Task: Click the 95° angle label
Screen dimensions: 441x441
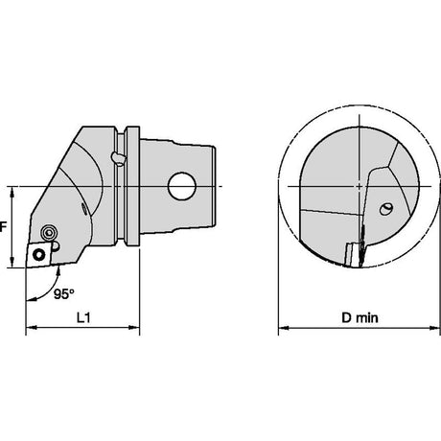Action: tap(64, 294)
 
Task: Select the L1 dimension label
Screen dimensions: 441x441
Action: tap(83, 317)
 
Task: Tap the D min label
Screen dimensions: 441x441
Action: tap(360, 317)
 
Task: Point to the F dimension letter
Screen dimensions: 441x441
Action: tap(3, 227)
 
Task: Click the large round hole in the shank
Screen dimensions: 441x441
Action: tap(182, 186)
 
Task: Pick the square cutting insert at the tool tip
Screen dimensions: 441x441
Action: tap(38, 254)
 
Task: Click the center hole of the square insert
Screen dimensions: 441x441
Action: tap(39, 255)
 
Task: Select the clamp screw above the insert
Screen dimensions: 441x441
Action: tap(49, 232)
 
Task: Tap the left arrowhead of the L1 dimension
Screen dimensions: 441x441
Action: tap(30, 327)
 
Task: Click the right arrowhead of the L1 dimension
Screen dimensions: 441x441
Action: tap(135, 327)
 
